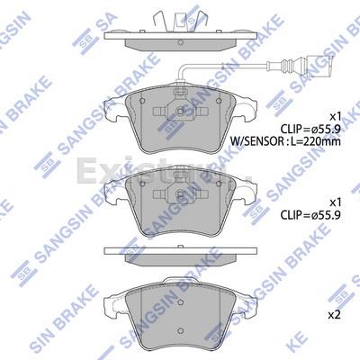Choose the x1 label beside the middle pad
335,203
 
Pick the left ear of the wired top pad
112,106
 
